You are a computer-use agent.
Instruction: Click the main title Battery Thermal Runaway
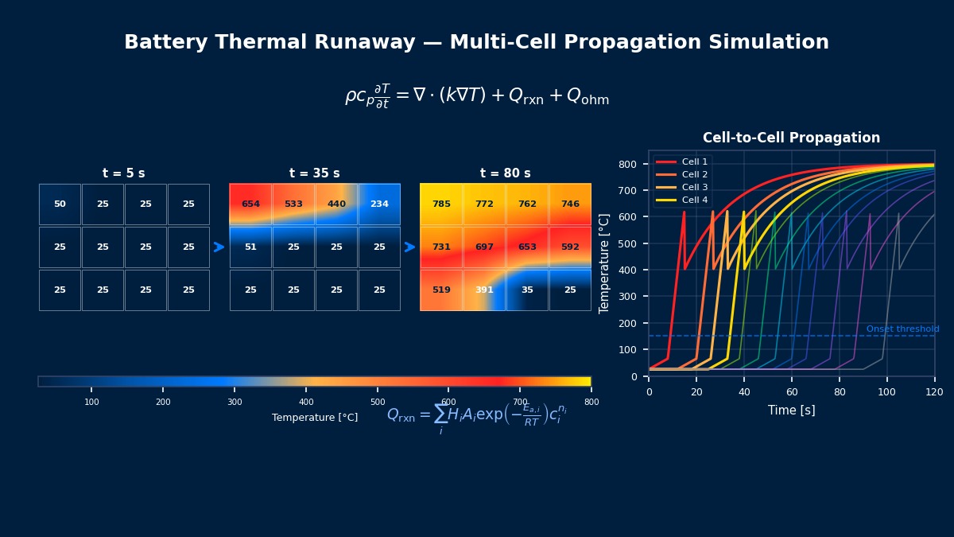[x=476, y=43]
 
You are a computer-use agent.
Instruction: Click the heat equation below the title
[x=476, y=96]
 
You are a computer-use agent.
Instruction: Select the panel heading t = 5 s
[x=124, y=173]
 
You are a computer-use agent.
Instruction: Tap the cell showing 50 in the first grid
[x=60, y=204]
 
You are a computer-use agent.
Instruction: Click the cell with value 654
[x=250, y=204]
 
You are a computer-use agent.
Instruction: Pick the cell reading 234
[x=379, y=204]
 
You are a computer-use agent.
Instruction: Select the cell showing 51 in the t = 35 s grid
[x=250, y=247]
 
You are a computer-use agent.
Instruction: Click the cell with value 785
[x=441, y=204]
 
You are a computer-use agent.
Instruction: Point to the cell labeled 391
[x=484, y=290]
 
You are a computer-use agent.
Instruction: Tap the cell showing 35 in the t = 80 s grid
[x=527, y=290]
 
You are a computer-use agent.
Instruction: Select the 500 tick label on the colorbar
[x=378, y=402]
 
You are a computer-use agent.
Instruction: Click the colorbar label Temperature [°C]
[x=315, y=418]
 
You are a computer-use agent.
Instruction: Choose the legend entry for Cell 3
[x=694, y=187]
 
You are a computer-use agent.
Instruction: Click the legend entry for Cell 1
[x=694, y=161]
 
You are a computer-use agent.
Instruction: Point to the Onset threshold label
[x=902, y=329]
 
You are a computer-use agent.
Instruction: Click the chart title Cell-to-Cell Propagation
[x=791, y=138]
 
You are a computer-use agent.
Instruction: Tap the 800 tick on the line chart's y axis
[x=629, y=164]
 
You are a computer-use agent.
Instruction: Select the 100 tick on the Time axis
[x=887, y=392]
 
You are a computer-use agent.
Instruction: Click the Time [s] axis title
[x=791, y=411]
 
